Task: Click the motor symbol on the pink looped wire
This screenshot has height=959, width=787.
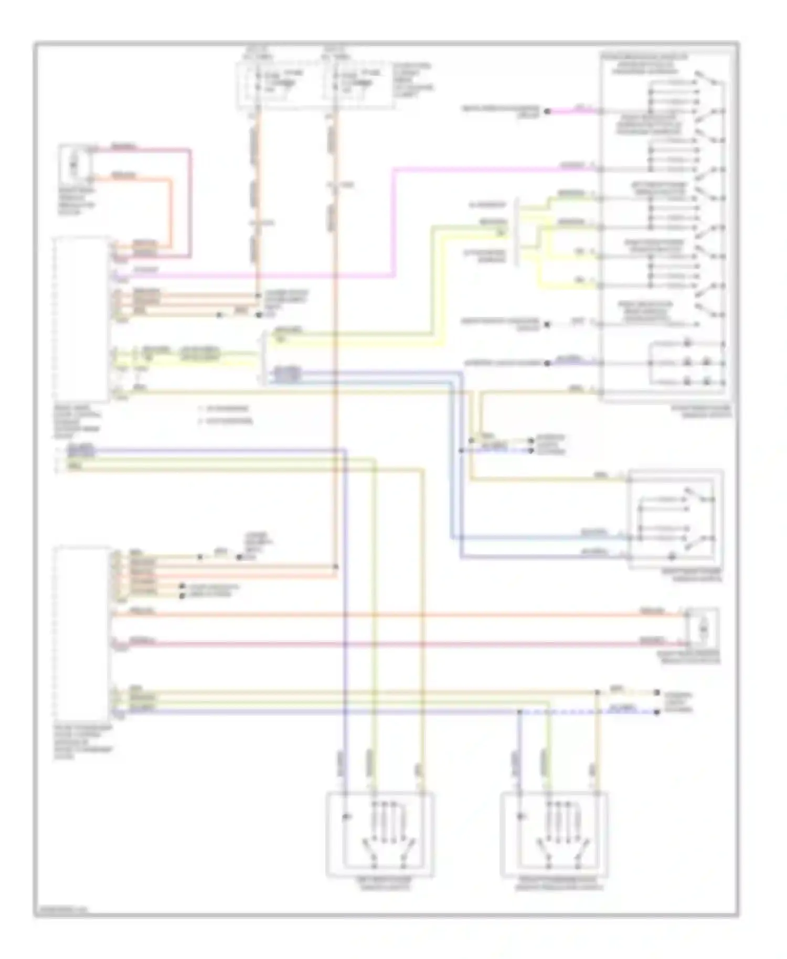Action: tap(74, 162)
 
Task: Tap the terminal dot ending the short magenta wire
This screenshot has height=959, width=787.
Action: tap(547, 111)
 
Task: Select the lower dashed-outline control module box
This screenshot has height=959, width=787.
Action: tap(81, 632)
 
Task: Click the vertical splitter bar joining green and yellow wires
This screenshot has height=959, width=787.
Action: tap(517, 231)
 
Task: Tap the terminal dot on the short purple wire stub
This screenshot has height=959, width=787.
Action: tap(547, 363)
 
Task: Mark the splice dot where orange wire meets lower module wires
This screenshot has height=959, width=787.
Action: tap(336, 567)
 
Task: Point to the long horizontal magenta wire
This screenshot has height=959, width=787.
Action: tap(252, 275)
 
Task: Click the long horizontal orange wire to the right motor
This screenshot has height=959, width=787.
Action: tap(399, 614)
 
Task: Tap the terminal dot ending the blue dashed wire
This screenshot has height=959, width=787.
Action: tap(656, 712)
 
